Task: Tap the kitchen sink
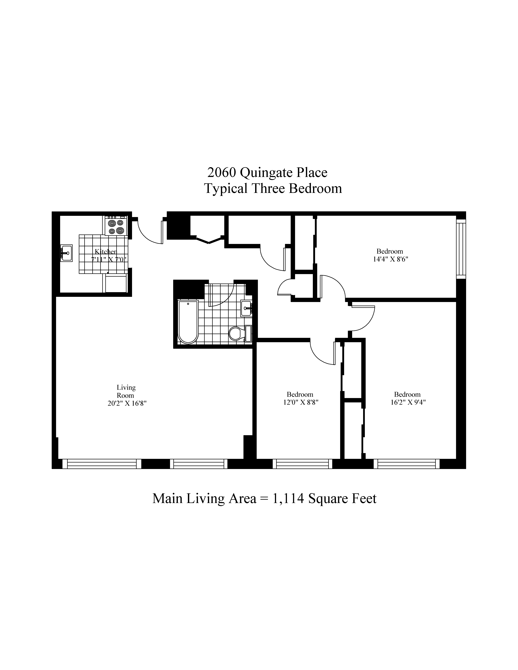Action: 66,253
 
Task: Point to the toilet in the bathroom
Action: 236,333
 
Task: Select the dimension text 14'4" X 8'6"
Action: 390,259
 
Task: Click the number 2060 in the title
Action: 222,173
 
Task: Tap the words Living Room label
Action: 126,391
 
